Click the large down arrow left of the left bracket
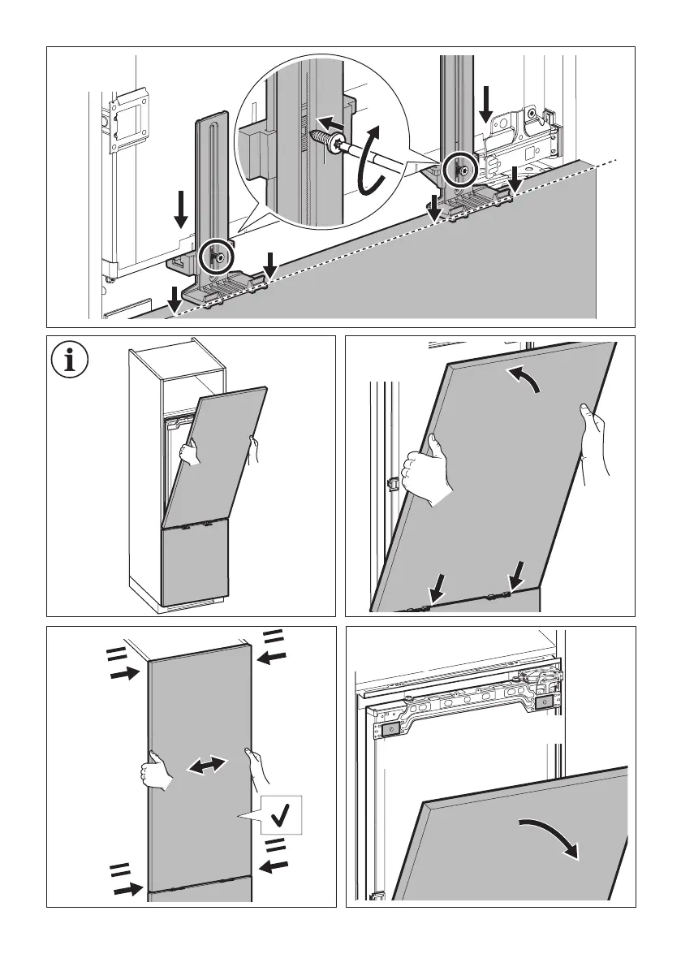pos(182,209)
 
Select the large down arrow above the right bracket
pos(485,105)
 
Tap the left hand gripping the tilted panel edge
pos(431,471)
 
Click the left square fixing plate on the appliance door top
pos(391,730)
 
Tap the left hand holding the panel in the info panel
pos(189,452)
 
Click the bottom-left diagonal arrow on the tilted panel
pos(435,584)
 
